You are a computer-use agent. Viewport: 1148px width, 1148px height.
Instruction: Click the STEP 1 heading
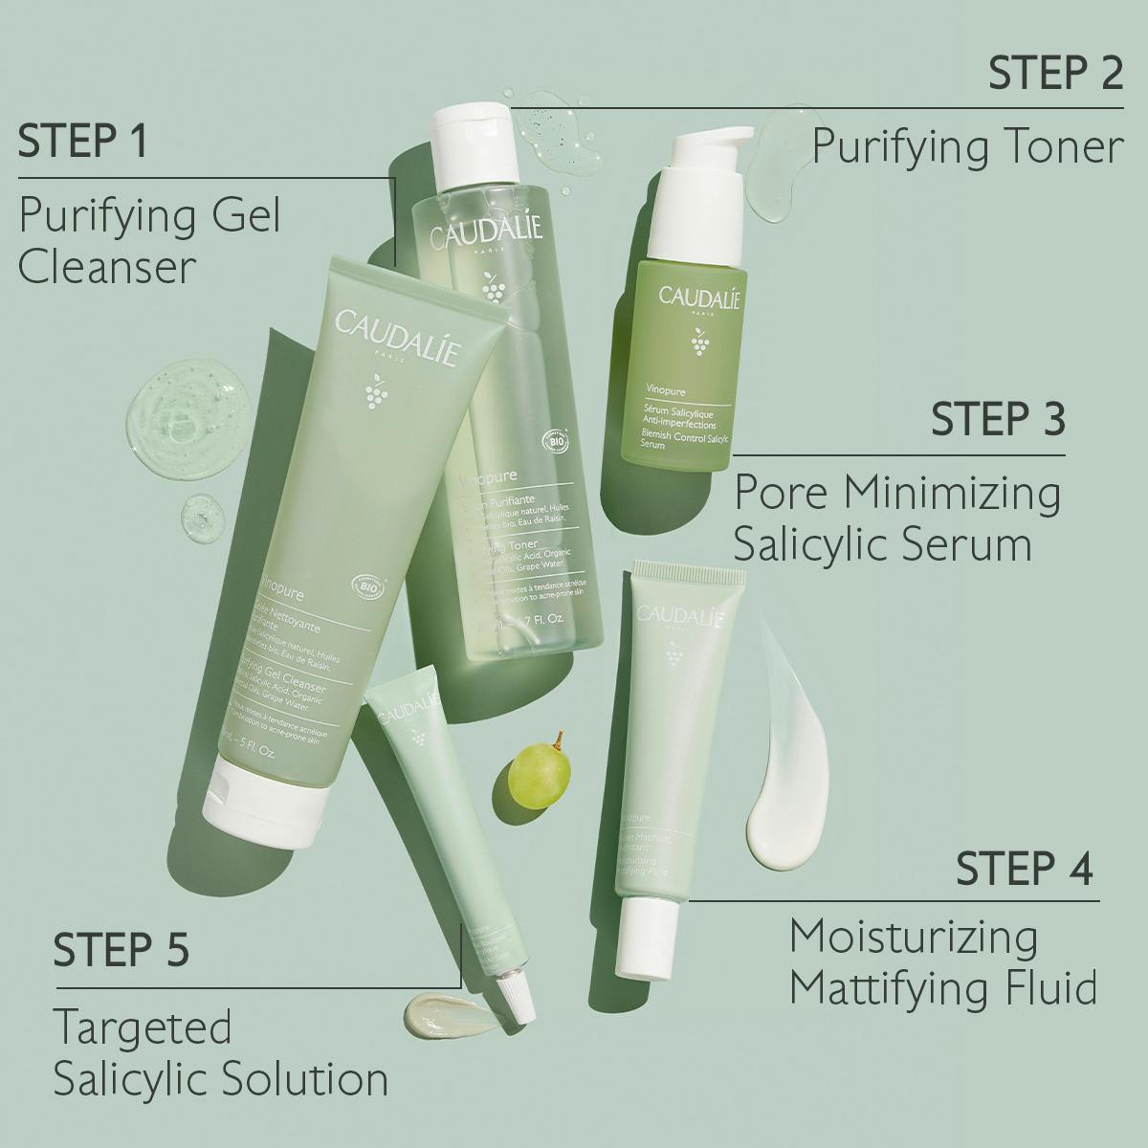pyautogui.click(x=83, y=141)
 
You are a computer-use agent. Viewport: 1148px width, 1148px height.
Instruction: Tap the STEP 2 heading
pyautogui.click(x=1055, y=73)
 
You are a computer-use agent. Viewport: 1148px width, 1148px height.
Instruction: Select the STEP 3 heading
pyautogui.click(x=998, y=419)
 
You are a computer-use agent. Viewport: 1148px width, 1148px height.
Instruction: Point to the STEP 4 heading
pyautogui.click(x=1024, y=868)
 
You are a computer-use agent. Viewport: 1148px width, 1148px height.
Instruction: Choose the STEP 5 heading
pyautogui.click(x=121, y=951)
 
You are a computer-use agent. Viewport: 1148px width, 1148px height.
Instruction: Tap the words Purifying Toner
pyautogui.click(x=966, y=147)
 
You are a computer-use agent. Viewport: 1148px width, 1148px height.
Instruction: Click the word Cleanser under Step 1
pyautogui.click(x=106, y=268)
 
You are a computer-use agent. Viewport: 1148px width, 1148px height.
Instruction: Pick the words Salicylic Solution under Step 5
pyautogui.click(x=220, y=1079)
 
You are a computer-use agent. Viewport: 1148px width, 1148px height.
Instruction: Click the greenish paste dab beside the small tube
pyautogui.click(x=448, y=1012)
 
